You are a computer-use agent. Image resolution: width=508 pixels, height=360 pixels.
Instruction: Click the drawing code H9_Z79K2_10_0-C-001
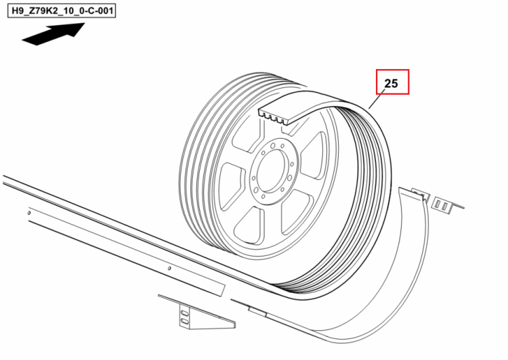(62, 11)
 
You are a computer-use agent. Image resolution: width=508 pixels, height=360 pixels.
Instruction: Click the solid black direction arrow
(54, 34)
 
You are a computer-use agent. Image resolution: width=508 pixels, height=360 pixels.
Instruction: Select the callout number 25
(391, 83)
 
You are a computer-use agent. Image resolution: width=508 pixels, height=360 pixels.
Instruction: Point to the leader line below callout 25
(377, 99)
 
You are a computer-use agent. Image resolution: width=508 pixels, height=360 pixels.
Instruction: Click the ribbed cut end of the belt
(272, 116)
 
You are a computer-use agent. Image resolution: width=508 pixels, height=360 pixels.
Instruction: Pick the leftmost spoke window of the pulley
(231, 185)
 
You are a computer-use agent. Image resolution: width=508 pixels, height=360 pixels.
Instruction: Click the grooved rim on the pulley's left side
(194, 162)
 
